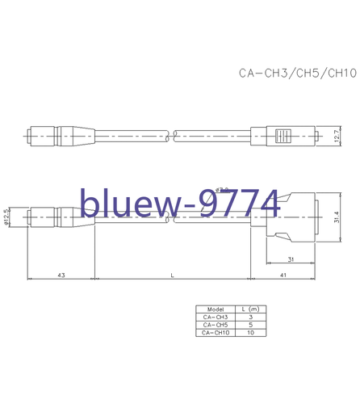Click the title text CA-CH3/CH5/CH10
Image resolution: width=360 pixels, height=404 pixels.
coord(297,74)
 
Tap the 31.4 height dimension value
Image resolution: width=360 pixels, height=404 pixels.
coord(337,217)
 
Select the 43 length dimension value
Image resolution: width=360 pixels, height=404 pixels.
coord(61,276)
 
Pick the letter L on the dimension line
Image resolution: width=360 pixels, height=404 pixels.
coord(172,276)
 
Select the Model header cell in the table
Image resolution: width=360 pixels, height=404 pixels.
coord(216,309)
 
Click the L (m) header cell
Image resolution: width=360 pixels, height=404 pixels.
coord(251,309)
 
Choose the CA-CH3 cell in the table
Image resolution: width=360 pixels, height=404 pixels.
coord(216,318)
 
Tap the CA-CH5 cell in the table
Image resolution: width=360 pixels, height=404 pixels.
coord(216,325)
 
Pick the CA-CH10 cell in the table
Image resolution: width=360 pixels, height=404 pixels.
coord(216,332)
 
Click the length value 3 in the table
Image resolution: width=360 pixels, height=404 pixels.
coord(251,318)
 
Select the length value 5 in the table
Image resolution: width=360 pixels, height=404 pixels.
coord(251,325)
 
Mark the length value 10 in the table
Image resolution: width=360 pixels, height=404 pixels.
coord(251,332)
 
